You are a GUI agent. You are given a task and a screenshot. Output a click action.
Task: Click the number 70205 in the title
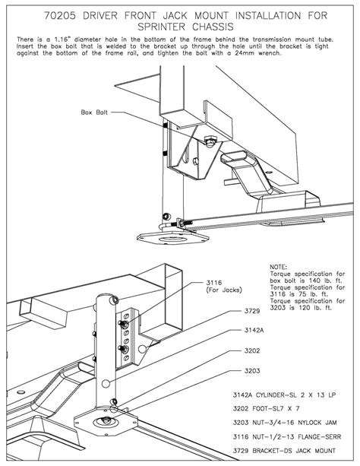[x=60, y=15]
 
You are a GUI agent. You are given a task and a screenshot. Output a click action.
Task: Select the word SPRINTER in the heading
[x=162, y=27]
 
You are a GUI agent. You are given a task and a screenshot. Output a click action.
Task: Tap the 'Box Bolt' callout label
[x=94, y=113]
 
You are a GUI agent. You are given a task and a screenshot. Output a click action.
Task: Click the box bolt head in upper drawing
[x=210, y=141]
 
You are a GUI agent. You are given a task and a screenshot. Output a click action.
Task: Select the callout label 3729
[x=252, y=311]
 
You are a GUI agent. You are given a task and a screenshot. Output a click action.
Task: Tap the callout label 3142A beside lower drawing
[x=254, y=330]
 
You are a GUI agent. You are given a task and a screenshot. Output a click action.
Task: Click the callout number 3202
[x=252, y=350]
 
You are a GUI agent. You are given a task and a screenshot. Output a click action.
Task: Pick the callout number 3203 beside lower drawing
[x=252, y=371]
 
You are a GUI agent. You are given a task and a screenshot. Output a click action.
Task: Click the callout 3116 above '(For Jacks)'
[x=214, y=283]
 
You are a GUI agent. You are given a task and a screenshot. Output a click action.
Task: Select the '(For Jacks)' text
[x=224, y=290]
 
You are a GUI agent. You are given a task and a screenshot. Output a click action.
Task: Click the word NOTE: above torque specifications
[x=278, y=267]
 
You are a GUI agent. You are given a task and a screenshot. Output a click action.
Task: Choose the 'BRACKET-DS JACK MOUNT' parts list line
[x=294, y=451]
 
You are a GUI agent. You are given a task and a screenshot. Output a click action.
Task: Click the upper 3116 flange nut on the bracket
[x=122, y=324]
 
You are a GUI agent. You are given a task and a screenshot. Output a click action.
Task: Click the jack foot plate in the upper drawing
[x=172, y=238]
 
